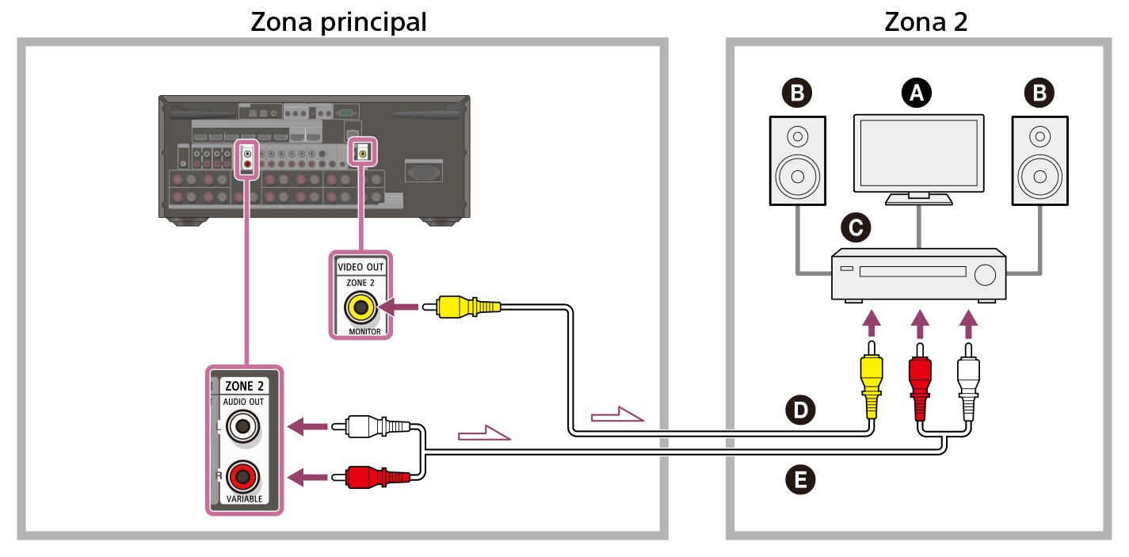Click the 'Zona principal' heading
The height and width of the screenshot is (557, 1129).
pos(338,21)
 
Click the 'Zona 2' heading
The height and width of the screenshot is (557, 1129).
pos(925,21)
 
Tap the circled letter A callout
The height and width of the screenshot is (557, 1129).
pos(917,93)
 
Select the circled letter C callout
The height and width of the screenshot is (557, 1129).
pos(856,228)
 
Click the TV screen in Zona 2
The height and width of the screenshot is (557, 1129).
pos(918,152)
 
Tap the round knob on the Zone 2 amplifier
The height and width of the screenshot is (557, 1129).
pos(985,274)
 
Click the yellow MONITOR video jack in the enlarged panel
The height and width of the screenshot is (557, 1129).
pos(360,307)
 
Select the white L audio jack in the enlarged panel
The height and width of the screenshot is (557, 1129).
pos(242,428)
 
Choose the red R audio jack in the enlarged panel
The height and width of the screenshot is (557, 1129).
pos(242,477)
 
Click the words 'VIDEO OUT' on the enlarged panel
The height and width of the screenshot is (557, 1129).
pos(360,267)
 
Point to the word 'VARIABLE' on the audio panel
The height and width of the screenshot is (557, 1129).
pos(243,499)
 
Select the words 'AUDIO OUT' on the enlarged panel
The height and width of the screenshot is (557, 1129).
pos(244,402)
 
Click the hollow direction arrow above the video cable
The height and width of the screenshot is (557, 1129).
pos(617,414)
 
